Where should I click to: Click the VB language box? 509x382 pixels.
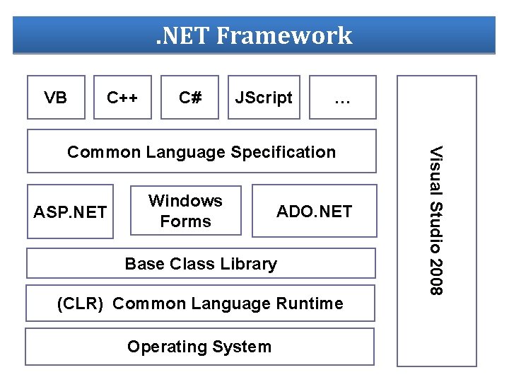click(x=56, y=98)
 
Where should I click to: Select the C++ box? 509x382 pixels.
click(x=122, y=98)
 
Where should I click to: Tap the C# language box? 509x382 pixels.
click(x=189, y=98)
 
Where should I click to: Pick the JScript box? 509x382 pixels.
click(x=264, y=98)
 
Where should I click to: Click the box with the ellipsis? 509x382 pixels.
click(x=343, y=99)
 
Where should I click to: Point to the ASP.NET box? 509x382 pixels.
click(x=71, y=212)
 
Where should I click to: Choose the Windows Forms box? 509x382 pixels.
click(x=185, y=211)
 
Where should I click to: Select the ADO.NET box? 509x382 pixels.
click(x=314, y=212)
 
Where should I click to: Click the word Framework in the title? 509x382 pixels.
click(x=284, y=35)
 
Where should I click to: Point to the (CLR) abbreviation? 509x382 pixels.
click(x=80, y=304)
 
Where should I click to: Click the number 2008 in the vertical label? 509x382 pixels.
click(x=438, y=277)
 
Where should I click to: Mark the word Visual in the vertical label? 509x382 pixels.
click(x=438, y=171)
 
